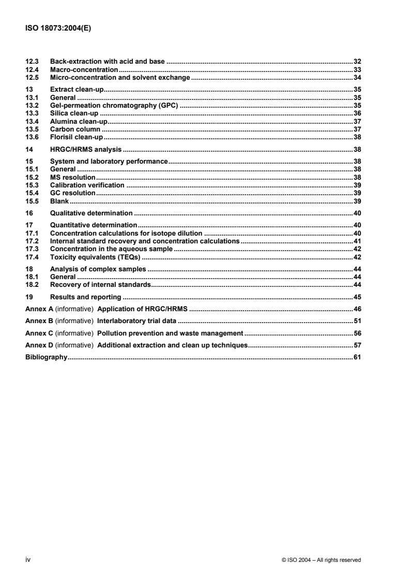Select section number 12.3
pos(32,62)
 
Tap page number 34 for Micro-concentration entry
pos(357,77)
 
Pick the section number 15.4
pos(32,193)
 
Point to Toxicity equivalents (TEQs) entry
pos(95,257)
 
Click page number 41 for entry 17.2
pos(357,241)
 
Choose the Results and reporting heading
pos(85,297)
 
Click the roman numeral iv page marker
pos(28,559)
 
